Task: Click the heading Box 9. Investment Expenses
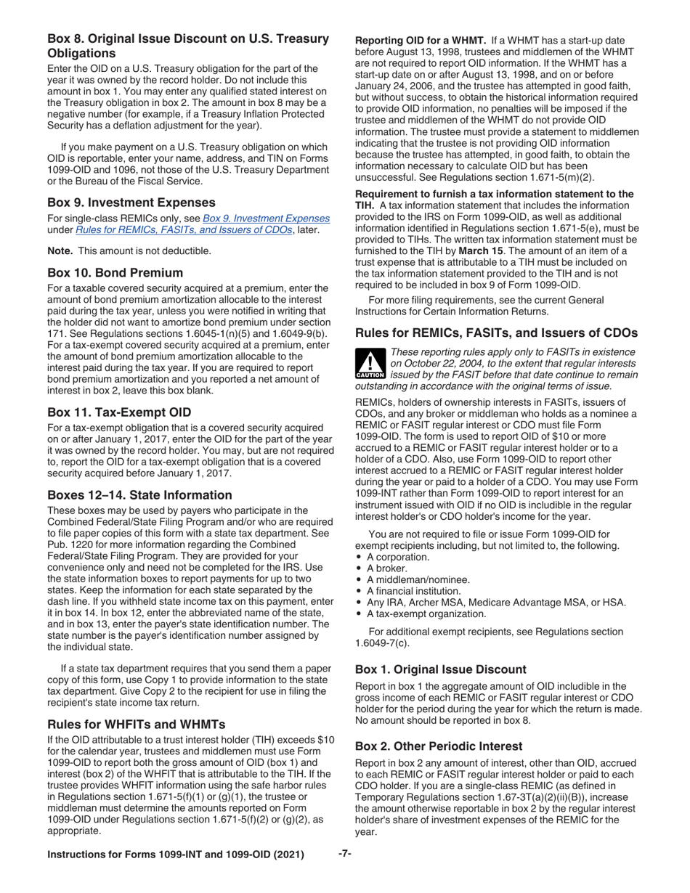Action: [x=130, y=203]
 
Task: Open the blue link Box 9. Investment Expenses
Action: [x=266, y=218]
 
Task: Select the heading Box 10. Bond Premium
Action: [x=115, y=272]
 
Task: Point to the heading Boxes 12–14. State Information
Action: [x=139, y=495]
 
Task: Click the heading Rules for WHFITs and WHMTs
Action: [x=136, y=724]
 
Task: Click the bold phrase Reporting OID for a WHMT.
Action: [x=420, y=42]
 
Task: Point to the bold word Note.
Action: [x=59, y=250]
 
